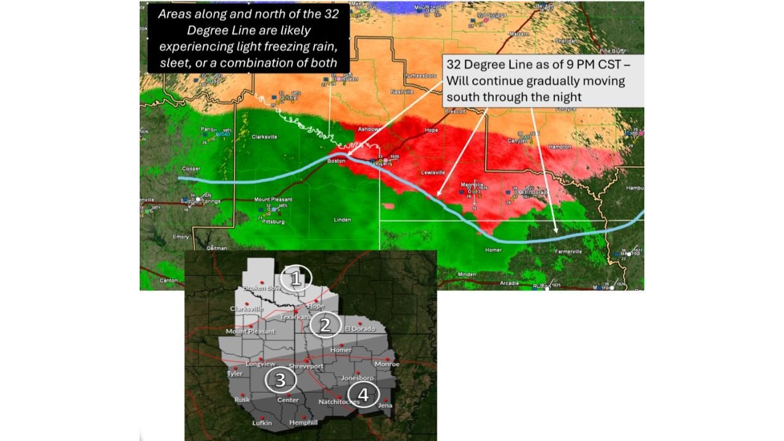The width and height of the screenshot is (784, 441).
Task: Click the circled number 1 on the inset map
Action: click(296, 279)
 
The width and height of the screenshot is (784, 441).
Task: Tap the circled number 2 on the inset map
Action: click(325, 325)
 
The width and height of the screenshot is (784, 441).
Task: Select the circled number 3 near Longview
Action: click(280, 380)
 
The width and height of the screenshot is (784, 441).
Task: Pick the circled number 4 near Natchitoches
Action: click(363, 395)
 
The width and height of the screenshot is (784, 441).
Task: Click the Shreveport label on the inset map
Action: click(306, 366)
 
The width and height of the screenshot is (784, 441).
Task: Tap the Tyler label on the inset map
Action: click(235, 373)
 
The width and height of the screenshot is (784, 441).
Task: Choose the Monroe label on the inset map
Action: click(386, 364)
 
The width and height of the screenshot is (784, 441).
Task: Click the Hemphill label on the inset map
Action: click(304, 423)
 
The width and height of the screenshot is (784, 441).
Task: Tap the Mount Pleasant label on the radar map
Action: click(273, 200)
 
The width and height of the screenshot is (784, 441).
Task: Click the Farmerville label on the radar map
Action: click(568, 251)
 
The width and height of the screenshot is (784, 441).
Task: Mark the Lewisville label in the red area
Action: click(432, 173)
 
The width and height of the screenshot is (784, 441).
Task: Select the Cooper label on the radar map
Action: click(192, 168)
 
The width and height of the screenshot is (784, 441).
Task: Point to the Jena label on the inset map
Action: click(385, 405)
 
